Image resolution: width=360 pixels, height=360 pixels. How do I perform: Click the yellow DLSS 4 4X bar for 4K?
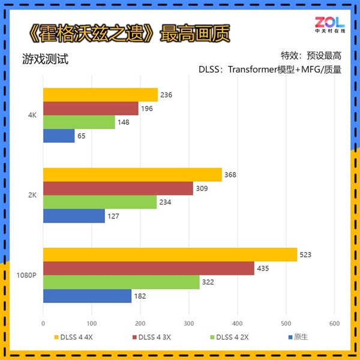point(100,95)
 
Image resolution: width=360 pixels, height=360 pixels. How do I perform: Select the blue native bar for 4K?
point(59,136)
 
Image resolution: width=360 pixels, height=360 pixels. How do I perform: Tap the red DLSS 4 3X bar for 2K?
point(118,188)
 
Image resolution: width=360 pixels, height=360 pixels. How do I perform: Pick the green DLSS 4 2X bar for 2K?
point(100,202)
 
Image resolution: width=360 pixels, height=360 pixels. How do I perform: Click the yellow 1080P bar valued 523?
point(170,254)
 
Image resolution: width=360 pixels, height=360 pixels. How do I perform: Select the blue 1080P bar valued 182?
point(87,296)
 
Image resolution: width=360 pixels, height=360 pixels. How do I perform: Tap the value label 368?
point(230,175)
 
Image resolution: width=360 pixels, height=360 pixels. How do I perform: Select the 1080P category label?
point(26,275)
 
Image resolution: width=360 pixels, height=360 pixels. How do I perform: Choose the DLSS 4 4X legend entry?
point(74,337)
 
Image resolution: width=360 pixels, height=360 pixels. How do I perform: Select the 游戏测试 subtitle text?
point(45,59)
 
